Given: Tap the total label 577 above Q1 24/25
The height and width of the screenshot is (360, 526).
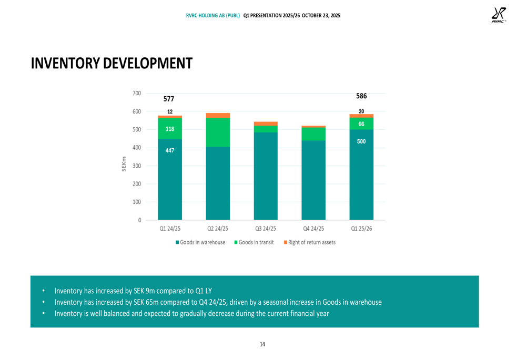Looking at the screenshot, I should [x=169, y=99].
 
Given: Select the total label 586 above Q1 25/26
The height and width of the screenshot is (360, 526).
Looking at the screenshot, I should [x=361, y=96].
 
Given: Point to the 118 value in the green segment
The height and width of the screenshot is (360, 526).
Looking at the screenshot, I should [x=169, y=129].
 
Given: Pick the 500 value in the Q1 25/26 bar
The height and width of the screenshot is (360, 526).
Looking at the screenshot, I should [x=361, y=141].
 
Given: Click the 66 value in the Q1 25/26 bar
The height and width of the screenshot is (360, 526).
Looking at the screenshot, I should [x=361, y=124].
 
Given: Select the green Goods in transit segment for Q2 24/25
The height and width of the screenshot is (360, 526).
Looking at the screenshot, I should [x=218, y=132].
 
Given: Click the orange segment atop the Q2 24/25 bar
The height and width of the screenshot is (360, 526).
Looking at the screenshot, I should [x=218, y=115].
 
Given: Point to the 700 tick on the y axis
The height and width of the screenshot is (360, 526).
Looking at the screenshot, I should [x=136, y=94].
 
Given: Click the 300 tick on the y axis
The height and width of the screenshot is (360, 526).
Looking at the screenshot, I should [x=136, y=166].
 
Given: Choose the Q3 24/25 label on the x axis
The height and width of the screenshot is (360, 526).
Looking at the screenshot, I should [x=266, y=229].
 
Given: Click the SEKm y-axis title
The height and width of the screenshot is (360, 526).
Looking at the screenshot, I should [x=124, y=164].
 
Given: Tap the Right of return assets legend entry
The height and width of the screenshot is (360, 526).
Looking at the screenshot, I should [x=309, y=242].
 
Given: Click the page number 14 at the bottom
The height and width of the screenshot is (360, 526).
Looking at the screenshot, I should [x=262, y=344].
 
